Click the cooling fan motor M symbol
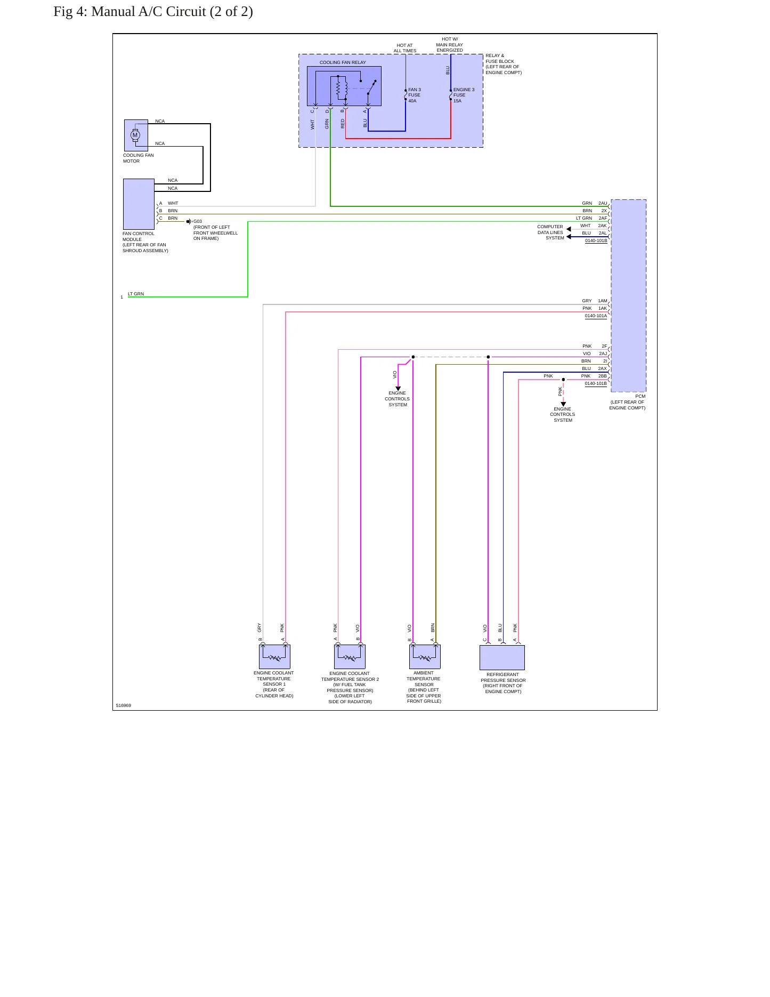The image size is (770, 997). click(135, 135)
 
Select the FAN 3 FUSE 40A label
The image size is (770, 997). click(415, 95)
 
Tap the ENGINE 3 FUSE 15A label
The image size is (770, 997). click(464, 95)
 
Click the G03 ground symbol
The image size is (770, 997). click(189, 221)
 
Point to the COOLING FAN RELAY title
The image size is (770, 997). click(343, 62)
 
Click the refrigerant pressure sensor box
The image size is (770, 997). click(502, 657)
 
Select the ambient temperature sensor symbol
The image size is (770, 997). click(425, 656)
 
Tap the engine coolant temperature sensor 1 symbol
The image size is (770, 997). click(274, 656)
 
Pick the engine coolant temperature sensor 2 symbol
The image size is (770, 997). click(350, 656)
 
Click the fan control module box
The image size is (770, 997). click(139, 204)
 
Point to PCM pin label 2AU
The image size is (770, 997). click(603, 203)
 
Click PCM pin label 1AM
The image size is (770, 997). click(603, 301)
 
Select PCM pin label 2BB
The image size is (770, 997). click(603, 376)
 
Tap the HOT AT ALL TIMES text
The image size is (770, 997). click(405, 48)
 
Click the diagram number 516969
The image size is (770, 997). click(123, 705)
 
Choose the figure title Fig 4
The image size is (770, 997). click(153, 12)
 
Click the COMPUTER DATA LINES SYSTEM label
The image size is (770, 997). click(550, 232)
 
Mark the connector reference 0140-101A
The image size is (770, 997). click(596, 316)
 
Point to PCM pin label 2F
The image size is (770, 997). click(604, 346)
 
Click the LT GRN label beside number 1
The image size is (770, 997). click(136, 294)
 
